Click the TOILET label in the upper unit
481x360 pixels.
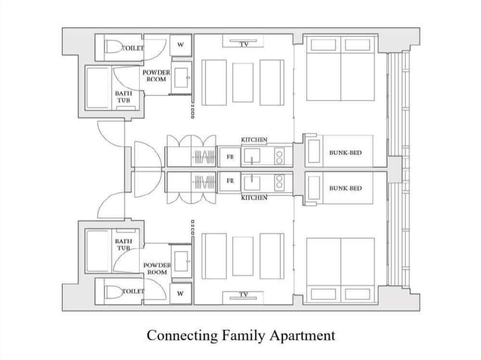point(133,48)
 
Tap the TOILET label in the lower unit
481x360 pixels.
point(133,291)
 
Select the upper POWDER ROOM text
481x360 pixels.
point(156,76)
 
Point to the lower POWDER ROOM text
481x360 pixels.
point(157,269)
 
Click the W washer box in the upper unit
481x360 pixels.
point(181,45)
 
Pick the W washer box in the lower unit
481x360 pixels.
point(181,294)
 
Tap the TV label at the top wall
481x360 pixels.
point(244,44)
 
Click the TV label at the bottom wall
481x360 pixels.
point(243,294)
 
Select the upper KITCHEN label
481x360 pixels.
point(254,140)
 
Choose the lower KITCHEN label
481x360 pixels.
point(254,198)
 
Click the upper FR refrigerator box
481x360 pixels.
point(230,157)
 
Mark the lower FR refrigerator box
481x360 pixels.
point(230,181)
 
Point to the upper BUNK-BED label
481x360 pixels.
point(345,152)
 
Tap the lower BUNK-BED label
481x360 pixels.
point(345,188)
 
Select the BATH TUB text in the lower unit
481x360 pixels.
point(123,244)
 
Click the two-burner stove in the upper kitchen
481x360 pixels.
point(279,156)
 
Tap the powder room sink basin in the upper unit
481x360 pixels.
point(181,77)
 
